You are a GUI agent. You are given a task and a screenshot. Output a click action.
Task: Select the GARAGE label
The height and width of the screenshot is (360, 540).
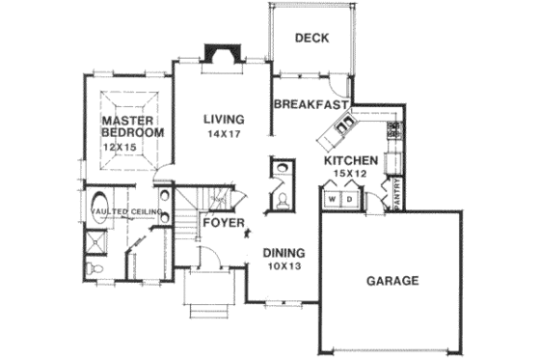pyautogui.click(x=392, y=282)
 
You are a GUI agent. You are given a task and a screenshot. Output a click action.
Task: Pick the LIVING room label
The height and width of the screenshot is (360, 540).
pyautogui.click(x=223, y=120)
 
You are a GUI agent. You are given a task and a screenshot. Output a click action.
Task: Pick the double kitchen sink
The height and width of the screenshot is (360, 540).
pyautogui.click(x=344, y=123)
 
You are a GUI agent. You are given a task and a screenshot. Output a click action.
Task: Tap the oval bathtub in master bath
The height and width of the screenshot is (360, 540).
pyautogui.click(x=96, y=238)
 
